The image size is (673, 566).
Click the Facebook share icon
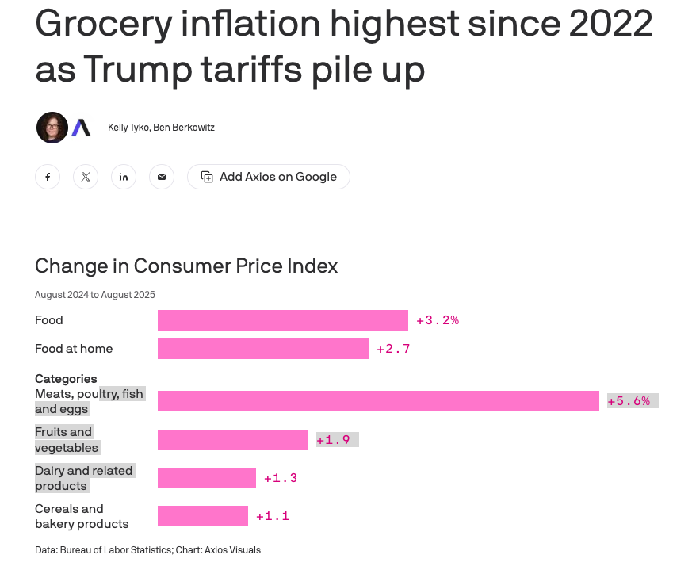tap(48, 177)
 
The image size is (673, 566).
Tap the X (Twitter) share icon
tap(86, 177)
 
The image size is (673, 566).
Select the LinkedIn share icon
tap(124, 177)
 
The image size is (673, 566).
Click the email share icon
tap(162, 177)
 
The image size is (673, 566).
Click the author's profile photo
tap(52, 128)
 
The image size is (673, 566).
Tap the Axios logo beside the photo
tap(81, 128)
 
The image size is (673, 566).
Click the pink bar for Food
tap(282, 320)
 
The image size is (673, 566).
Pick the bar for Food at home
tap(262, 349)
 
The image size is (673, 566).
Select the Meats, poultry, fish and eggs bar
tap(378, 401)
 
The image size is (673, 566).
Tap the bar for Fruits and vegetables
tap(232, 440)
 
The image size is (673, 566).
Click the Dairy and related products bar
tap(206, 478)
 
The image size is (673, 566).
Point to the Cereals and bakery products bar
tap(202, 516)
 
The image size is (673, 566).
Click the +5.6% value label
tap(629, 401)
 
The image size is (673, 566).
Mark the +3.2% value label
tap(438, 320)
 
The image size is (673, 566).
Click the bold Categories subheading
tap(66, 379)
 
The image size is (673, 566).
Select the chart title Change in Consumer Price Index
tap(186, 266)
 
